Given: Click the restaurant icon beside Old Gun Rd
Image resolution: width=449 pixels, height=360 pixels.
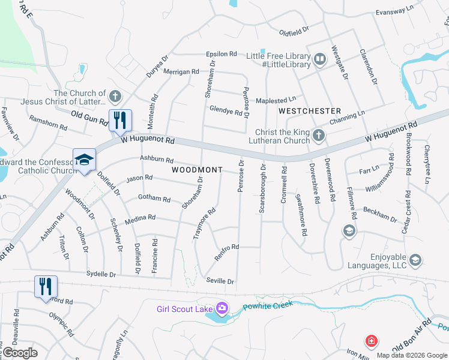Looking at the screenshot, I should pyautogui.click(x=120, y=120).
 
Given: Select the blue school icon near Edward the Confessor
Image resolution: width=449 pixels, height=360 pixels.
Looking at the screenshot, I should pyautogui.click(x=84, y=160).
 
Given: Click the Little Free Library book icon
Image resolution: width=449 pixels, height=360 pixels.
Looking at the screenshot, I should pyautogui.click(x=320, y=59).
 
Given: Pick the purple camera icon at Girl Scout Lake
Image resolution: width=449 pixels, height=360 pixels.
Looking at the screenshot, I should pyautogui.click(x=223, y=308).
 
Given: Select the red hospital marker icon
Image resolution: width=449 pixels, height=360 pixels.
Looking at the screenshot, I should pyautogui.click(x=372, y=341).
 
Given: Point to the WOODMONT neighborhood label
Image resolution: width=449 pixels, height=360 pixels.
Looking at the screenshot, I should pyautogui.click(x=197, y=170).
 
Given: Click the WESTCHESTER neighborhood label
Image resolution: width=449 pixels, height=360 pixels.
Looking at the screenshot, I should pyautogui.click(x=310, y=111).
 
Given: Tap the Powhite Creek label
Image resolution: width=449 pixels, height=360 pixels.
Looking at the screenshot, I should pyautogui.click(x=268, y=306).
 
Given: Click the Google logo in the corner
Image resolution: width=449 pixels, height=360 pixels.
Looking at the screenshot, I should pyautogui.click(x=20, y=353).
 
